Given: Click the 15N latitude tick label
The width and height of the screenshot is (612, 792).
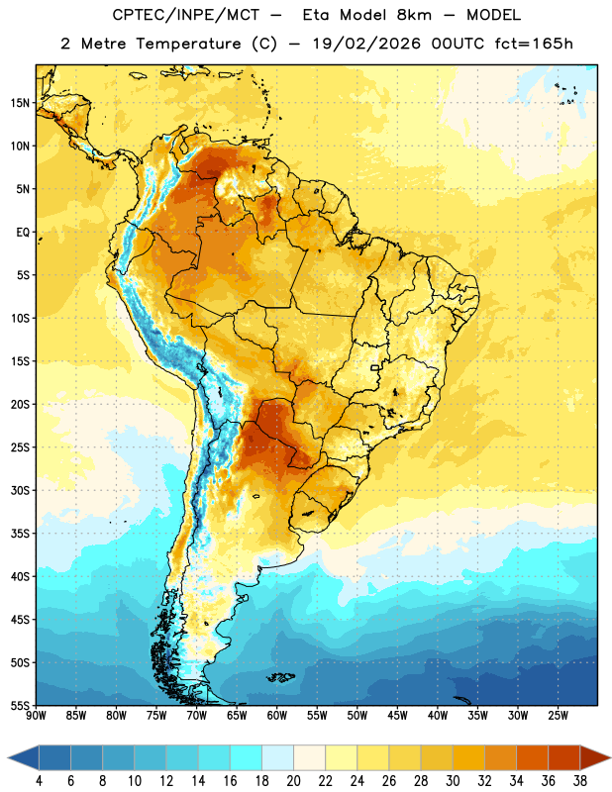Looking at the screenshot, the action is click(x=20, y=103).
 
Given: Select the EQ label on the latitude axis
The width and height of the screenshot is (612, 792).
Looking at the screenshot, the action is click(x=23, y=233).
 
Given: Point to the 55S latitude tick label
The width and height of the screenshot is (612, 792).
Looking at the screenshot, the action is click(x=20, y=705).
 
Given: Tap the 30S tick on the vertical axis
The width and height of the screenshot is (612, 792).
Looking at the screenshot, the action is click(x=20, y=490).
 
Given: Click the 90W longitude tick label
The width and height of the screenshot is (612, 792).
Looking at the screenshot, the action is click(x=36, y=716).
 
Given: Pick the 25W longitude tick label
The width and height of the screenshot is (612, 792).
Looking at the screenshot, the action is click(x=558, y=716).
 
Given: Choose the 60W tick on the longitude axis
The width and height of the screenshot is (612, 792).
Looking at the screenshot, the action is click(x=277, y=716).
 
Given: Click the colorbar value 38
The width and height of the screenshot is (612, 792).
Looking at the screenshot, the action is click(x=579, y=781).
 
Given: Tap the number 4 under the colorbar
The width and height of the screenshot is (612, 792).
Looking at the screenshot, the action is click(x=39, y=781).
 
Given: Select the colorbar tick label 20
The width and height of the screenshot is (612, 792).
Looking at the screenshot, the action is click(x=293, y=781).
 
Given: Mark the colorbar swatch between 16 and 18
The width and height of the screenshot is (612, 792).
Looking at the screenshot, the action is click(x=247, y=757).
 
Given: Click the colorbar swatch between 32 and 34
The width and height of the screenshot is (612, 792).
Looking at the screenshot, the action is click(x=500, y=757).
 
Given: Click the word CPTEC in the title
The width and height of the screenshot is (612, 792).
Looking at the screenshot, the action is click(x=133, y=15).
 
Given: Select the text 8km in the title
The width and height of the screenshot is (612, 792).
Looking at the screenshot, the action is click(x=414, y=15).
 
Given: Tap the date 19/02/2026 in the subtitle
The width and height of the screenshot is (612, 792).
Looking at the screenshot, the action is click(x=366, y=44).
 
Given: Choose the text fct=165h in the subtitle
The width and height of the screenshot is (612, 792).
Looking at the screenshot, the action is click(x=534, y=44).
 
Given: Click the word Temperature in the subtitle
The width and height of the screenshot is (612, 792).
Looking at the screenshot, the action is click(x=188, y=44).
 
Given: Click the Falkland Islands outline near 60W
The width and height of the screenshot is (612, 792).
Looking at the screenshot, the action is click(x=281, y=677).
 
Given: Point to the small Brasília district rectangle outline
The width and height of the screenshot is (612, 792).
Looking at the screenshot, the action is click(x=375, y=367).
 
